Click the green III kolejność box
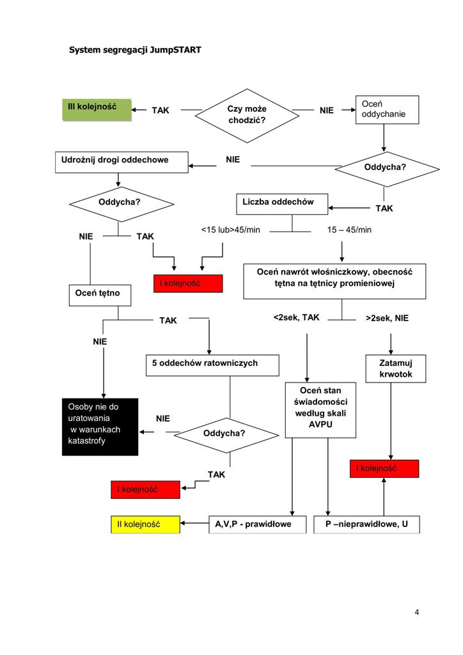point(97,110)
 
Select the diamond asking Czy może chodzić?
point(247,116)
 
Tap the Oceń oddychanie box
point(387,109)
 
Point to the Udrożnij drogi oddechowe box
point(122,162)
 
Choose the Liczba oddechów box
point(282,204)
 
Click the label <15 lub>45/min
point(230,230)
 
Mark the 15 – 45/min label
point(349,230)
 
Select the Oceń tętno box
point(100,296)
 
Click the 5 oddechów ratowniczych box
point(212,365)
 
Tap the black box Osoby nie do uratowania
point(100,427)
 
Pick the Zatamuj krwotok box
point(396,368)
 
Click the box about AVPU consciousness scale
point(320,410)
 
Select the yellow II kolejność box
point(145,525)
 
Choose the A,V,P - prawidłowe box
point(258,525)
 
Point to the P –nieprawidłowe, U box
point(366,525)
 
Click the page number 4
point(417,612)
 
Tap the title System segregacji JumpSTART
point(135,50)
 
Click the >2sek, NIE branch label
point(387,319)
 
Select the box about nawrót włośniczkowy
point(334,281)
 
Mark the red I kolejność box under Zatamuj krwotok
point(384,469)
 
